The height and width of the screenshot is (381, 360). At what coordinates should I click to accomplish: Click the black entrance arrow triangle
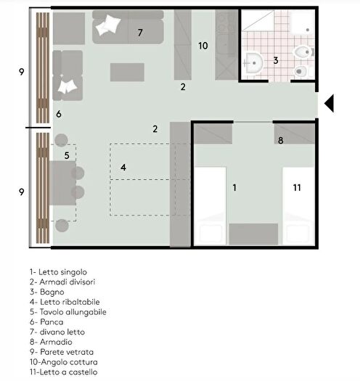click(330, 105)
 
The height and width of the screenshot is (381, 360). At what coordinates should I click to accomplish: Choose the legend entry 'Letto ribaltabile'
click(60, 301)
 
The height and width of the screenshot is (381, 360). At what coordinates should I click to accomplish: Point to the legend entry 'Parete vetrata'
click(58, 351)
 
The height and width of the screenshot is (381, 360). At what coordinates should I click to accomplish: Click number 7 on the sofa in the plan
click(140, 33)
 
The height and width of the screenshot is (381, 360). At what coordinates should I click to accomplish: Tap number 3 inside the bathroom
click(276, 61)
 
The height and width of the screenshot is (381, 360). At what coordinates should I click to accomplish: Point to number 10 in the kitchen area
click(203, 45)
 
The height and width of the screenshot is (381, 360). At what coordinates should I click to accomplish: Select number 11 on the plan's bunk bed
click(297, 187)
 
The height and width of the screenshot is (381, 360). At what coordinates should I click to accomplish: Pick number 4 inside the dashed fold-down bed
click(123, 167)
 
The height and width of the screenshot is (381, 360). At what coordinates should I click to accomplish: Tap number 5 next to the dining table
click(66, 155)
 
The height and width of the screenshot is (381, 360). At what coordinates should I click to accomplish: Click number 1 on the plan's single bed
click(234, 187)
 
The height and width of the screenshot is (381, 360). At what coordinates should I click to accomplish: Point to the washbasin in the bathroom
click(253, 63)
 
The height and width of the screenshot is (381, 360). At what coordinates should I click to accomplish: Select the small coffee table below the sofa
click(127, 72)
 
